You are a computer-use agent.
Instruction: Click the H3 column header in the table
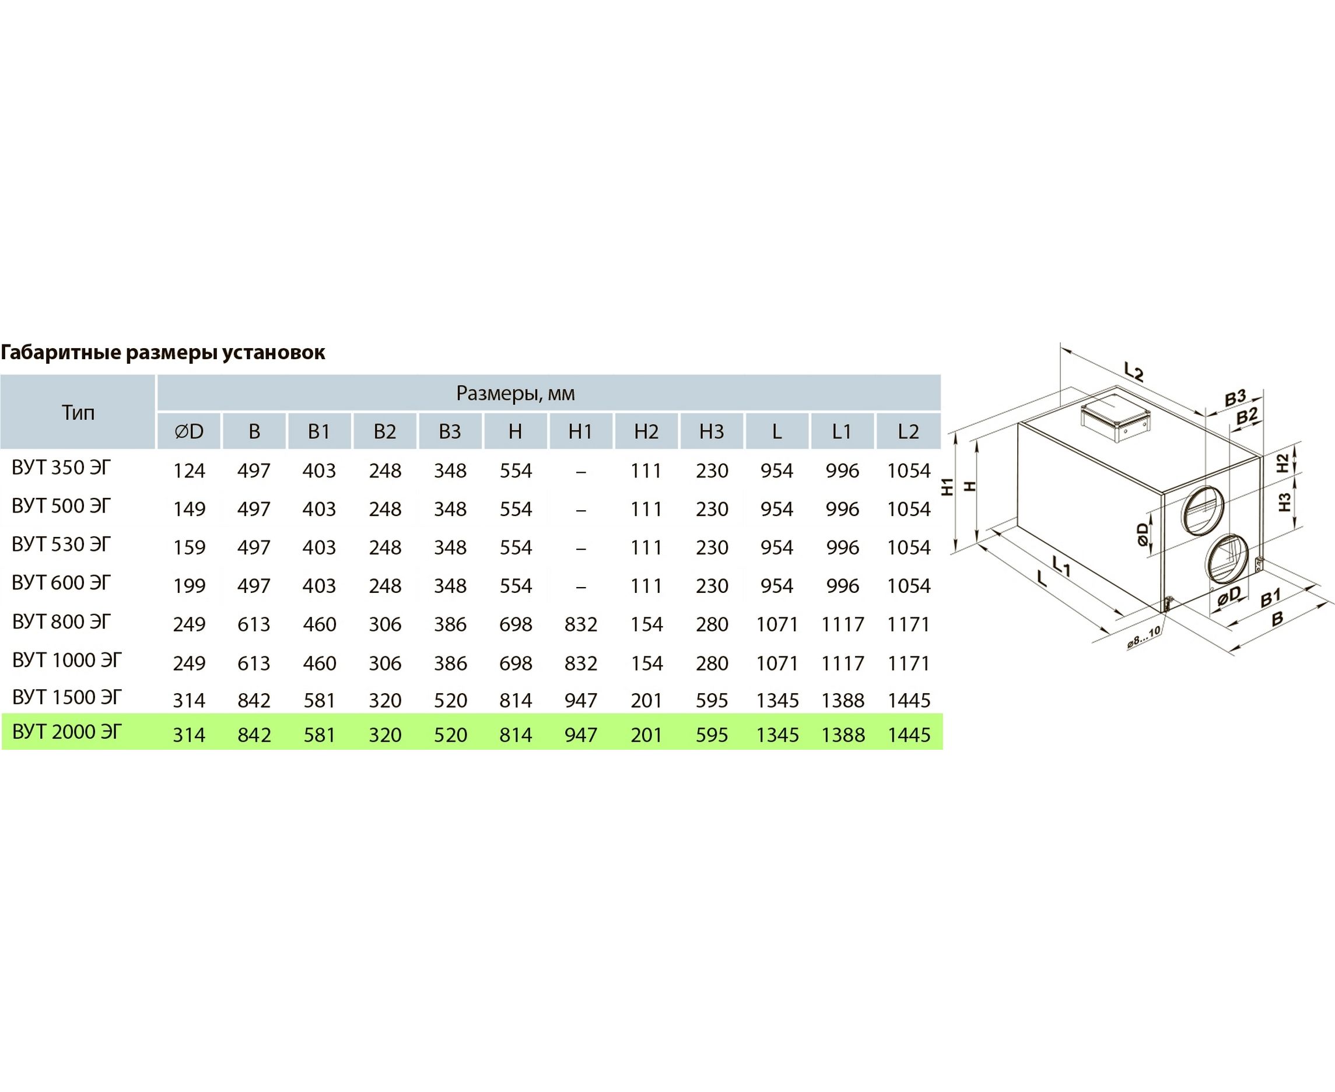pos(712,431)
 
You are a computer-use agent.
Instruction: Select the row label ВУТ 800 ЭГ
pos(61,622)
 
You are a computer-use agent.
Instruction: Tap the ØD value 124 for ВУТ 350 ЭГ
pos(190,470)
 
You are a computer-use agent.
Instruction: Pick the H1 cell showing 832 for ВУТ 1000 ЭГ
pos(581,663)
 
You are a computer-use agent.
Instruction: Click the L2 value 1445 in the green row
pos(909,735)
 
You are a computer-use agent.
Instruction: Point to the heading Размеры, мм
pos(515,394)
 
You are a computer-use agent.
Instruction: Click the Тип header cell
pos(78,413)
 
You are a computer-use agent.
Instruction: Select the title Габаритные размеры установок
pos(163,352)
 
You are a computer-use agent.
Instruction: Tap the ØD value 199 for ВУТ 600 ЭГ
pos(190,585)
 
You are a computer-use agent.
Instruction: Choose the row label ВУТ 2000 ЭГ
pos(66,732)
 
